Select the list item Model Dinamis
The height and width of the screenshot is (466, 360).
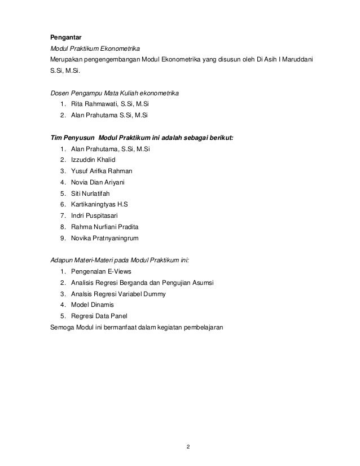point(92,305)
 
